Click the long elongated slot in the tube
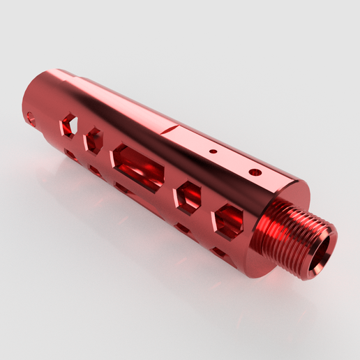pos(139,167)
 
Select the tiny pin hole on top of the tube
pos(214,150)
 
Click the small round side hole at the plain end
pos(30,117)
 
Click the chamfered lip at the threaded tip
pos(328,237)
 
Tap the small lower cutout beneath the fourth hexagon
pos(182,227)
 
